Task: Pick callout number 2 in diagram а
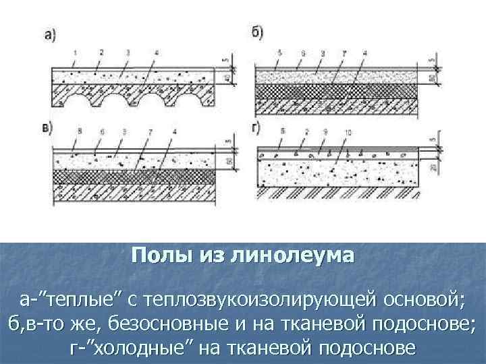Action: coord(100,52)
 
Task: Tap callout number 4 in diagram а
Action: coord(156,52)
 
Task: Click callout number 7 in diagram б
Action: coord(344,52)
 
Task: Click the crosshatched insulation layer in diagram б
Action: coord(337,91)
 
